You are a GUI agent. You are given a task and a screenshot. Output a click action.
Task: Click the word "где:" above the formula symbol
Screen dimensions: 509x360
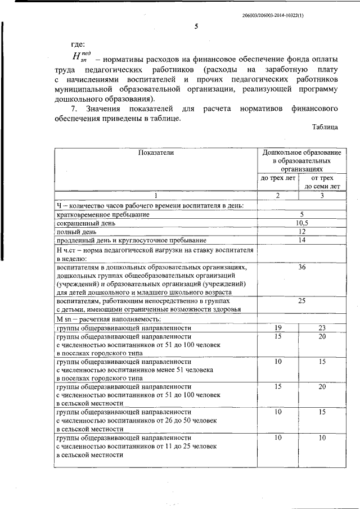pos(78,44)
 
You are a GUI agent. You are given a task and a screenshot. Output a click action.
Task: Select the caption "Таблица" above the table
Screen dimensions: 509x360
pos(325,127)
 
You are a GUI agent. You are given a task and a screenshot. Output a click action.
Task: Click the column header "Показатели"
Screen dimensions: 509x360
pos(156,152)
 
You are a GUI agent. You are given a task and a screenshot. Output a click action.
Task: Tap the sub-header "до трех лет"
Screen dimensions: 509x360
pos(277,178)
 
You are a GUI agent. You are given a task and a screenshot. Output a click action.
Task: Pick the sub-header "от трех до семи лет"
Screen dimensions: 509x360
pos(322,182)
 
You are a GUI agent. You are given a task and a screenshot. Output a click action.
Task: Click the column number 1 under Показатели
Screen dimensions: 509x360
pos(156,195)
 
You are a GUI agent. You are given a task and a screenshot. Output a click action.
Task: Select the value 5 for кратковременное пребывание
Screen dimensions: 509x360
pos(302,215)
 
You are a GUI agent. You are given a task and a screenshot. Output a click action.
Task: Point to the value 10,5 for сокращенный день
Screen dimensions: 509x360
pos(302,223)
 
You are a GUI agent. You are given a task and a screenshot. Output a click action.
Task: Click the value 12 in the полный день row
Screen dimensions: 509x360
pos(302,232)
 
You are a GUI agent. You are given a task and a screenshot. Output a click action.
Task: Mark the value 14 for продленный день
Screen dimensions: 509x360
pos(302,240)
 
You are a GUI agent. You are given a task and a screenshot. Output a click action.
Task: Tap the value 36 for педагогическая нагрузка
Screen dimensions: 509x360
pos(302,267)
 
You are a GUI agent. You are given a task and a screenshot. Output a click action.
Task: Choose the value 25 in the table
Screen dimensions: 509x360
pos(302,301)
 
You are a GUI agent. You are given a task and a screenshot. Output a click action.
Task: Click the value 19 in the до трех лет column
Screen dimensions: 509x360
pos(278,327)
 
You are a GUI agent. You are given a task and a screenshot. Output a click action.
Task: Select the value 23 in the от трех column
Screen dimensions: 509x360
pos(322,327)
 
